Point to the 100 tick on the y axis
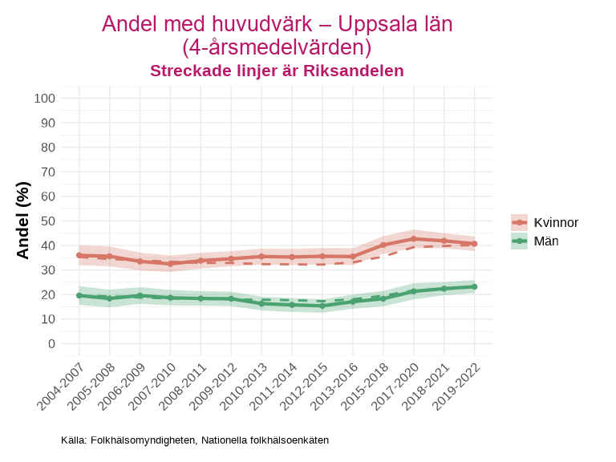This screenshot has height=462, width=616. pos(45,99)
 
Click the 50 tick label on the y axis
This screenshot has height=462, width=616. pos(48,221)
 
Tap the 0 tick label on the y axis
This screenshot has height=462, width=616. pos(51,343)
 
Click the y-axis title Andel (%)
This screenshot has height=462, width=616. pos(23,221)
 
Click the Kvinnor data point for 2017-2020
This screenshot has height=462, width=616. pos(414,239)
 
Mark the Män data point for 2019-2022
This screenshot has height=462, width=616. pos(474,286)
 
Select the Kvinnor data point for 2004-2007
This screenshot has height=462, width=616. pos(79,255)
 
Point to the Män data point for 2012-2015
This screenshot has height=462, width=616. pos(322,306)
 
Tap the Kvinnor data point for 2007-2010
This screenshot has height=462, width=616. pos(171,263)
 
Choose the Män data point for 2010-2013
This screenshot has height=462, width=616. pos(261,303)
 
